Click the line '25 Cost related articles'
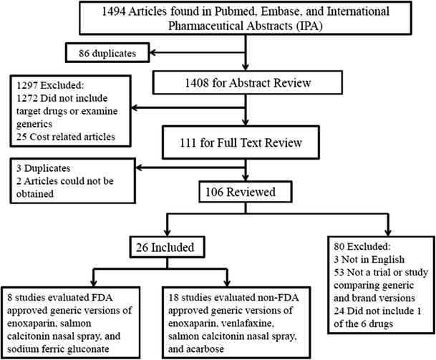click(65, 135)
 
